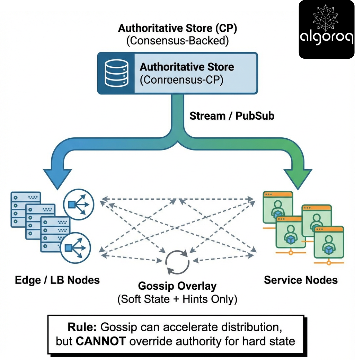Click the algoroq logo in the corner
326,29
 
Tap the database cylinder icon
116,73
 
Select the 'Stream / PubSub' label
232,116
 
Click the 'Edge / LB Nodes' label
57,280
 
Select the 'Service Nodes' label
301,280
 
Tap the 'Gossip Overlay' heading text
177,286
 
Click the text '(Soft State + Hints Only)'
177,299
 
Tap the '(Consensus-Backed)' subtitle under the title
177,41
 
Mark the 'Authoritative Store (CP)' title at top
177,28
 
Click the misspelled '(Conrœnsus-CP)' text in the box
181,80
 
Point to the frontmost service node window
329,243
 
